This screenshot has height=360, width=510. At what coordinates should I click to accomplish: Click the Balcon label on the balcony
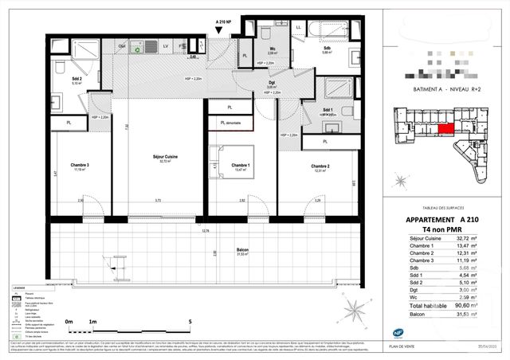242,250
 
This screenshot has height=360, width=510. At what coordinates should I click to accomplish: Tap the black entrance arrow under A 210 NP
221,29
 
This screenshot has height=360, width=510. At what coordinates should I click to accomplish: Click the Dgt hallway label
272,83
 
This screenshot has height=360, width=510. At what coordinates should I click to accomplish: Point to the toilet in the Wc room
265,33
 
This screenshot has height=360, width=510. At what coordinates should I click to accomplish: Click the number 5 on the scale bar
189,323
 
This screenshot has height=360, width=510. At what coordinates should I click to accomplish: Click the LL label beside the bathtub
298,26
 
